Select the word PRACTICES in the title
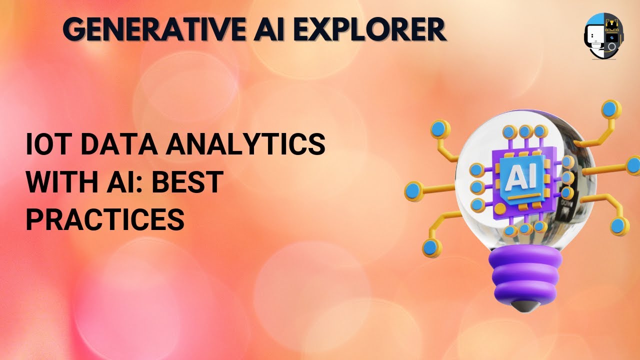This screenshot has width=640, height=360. click(x=105, y=220)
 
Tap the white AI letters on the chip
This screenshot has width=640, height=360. click(x=519, y=177)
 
